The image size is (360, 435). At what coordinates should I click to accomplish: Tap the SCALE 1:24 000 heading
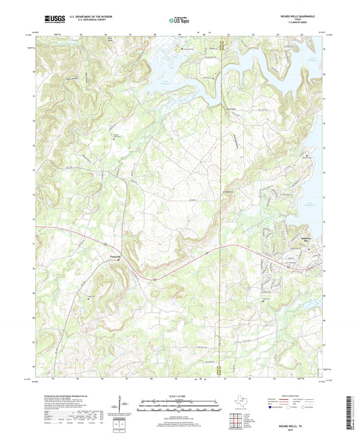pyautogui.click(x=180, y=395)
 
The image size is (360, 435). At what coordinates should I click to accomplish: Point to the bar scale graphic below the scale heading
pyautogui.click(x=180, y=407)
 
